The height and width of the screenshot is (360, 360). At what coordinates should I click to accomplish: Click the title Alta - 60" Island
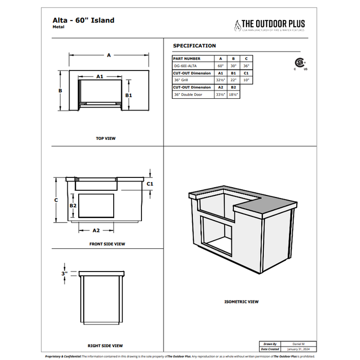click(x=83, y=21)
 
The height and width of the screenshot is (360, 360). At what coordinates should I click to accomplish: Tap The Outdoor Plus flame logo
click(x=237, y=24)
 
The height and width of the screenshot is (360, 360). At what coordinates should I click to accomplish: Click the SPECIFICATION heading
click(x=194, y=46)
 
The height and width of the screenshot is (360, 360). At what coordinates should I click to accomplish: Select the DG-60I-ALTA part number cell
click(x=185, y=66)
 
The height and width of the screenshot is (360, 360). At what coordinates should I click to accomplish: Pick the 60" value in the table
click(x=221, y=66)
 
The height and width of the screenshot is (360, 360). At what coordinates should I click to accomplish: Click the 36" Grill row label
click(x=181, y=80)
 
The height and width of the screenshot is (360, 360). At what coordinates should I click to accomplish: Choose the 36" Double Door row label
click(x=188, y=95)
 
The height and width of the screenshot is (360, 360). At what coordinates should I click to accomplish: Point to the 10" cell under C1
click(x=246, y=80)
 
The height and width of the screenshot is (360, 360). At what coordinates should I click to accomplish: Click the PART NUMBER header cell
click(x=187, y=59)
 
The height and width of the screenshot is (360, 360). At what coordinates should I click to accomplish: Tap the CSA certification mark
click(x=299, y=63)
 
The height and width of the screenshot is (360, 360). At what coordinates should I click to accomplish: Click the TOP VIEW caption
click(x=106, y=138)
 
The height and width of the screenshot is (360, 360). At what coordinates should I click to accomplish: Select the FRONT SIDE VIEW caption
click(x=107, y=244)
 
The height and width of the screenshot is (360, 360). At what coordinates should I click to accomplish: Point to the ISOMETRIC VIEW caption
click(x=241, y=302)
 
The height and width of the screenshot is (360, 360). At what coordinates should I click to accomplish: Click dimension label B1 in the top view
click(x=130, y=95)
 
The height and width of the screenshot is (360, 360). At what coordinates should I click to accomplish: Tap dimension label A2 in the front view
click(x=96, y=230)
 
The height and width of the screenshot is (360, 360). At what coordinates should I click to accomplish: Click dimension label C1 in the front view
click(x=151, y=183)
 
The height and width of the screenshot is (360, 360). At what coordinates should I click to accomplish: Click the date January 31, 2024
click(x=298, y=349)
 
